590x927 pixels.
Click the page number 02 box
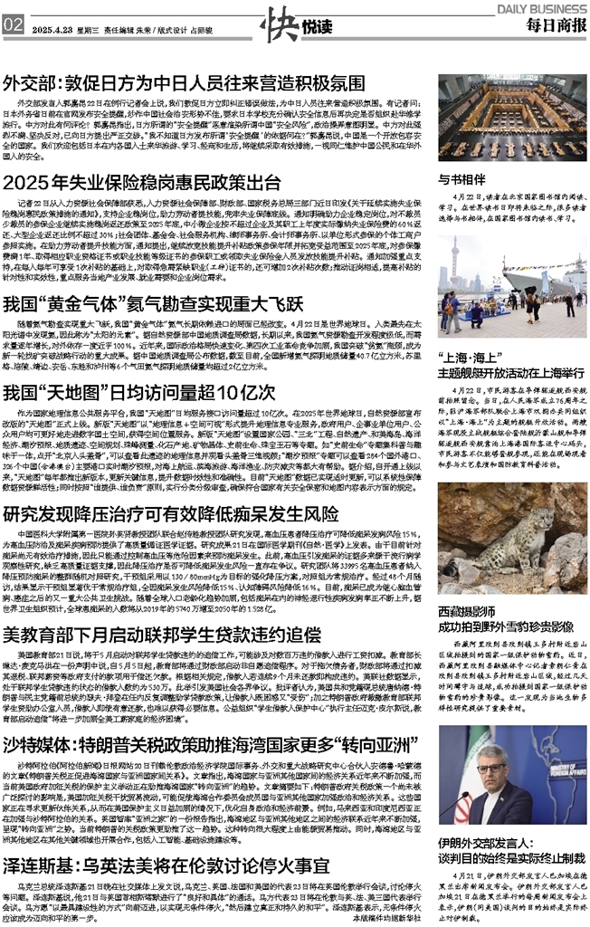[13, 24]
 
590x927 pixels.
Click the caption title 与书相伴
[459, 179]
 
